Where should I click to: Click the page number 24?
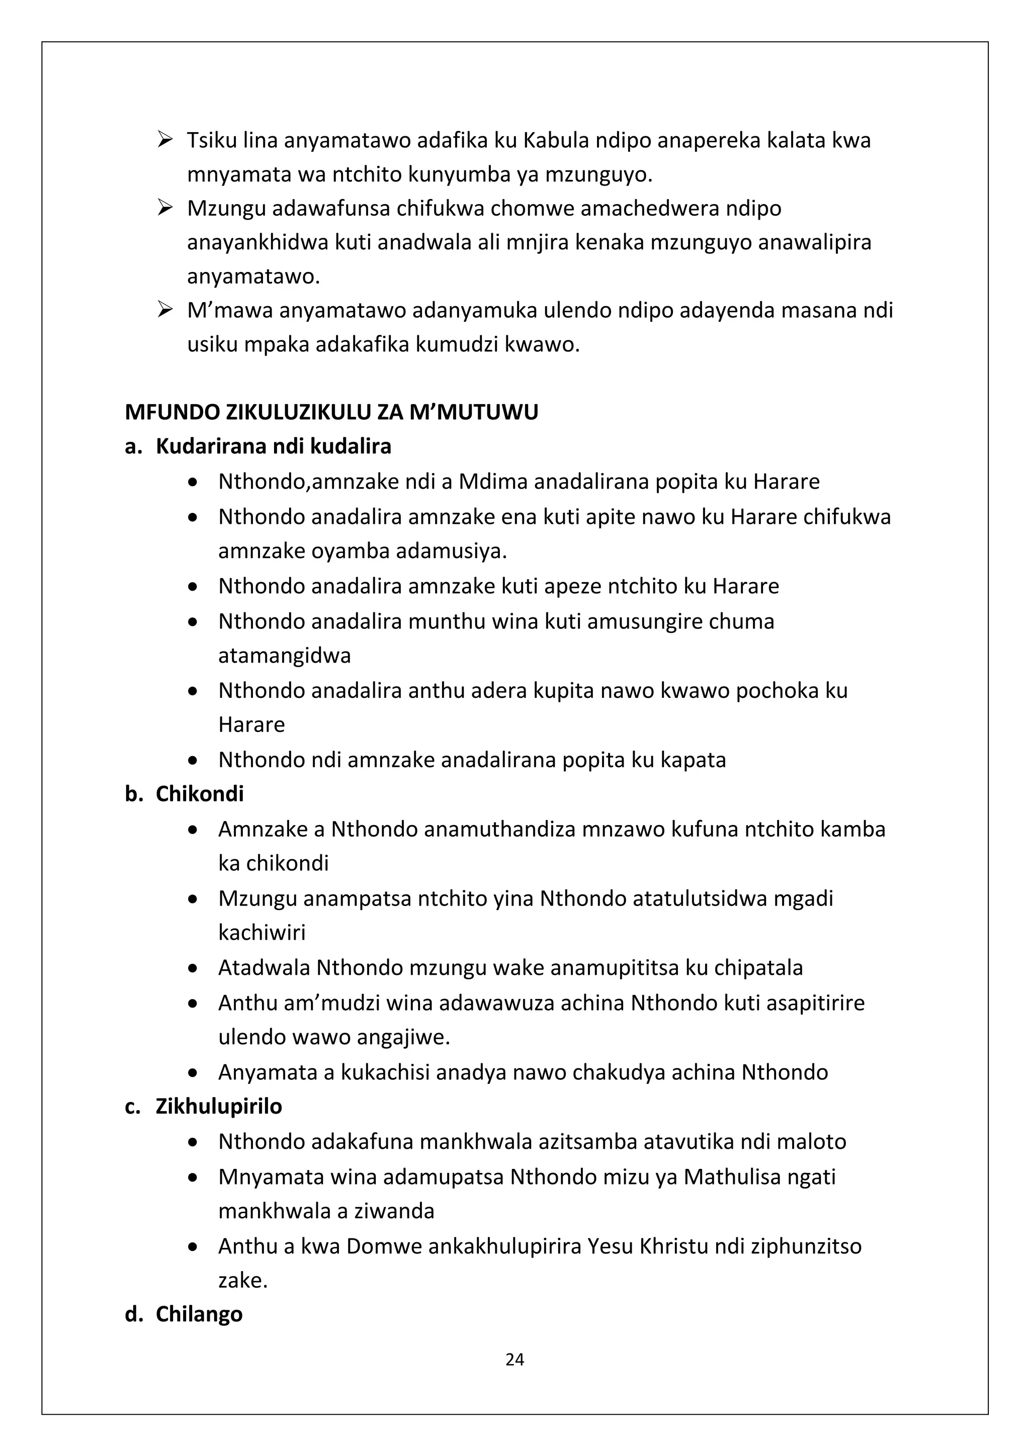[514, 1359]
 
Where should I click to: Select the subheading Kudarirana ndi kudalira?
[274, 446]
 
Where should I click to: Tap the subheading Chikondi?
[200, 794]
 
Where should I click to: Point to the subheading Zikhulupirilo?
[219, 1106]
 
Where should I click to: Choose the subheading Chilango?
[199, 1314]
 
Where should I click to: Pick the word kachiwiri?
[262, 932]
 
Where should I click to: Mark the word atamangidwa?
[284, 655]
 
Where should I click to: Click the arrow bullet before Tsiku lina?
[165, 138]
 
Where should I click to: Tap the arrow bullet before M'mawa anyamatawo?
[165, 310]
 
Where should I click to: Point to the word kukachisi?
[386, 1072]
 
